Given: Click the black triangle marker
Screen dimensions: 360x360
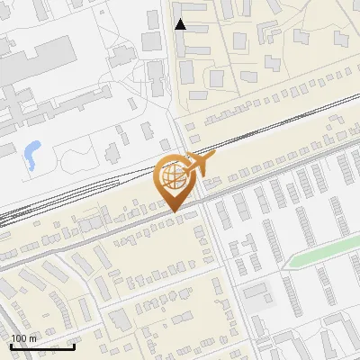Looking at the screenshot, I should coord(181,24).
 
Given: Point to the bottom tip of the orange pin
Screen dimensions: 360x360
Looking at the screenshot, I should coord(174,212).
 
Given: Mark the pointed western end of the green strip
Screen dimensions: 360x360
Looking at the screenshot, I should coord(287,267).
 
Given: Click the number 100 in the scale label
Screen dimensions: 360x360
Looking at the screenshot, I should coord(19,337).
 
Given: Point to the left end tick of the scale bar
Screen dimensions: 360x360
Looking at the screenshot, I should coord(11,345).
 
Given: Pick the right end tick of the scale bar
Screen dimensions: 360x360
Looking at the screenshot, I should coord(74,345).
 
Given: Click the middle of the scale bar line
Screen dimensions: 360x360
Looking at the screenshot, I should coord(42,346).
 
